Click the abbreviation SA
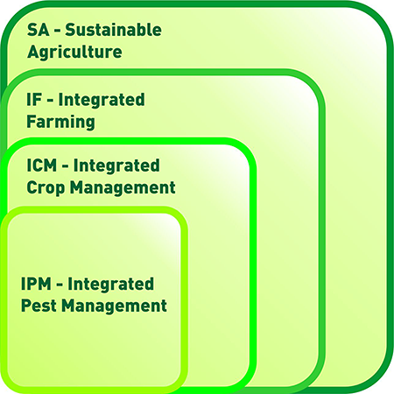(39, 30)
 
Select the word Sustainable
(114, 30)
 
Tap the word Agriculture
(74, 53)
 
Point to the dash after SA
(57, 32)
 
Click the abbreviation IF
(34, 100)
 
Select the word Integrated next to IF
(102, 100)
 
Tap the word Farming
(60, 122)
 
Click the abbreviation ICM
(41, 165)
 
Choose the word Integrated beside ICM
(116, 165)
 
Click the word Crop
(46, 187)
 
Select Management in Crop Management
(123, 187)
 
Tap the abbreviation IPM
(36, 284)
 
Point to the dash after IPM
(60, 285)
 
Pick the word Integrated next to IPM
(111, 285)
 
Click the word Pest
(39, 306)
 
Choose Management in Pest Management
(114, 306)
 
